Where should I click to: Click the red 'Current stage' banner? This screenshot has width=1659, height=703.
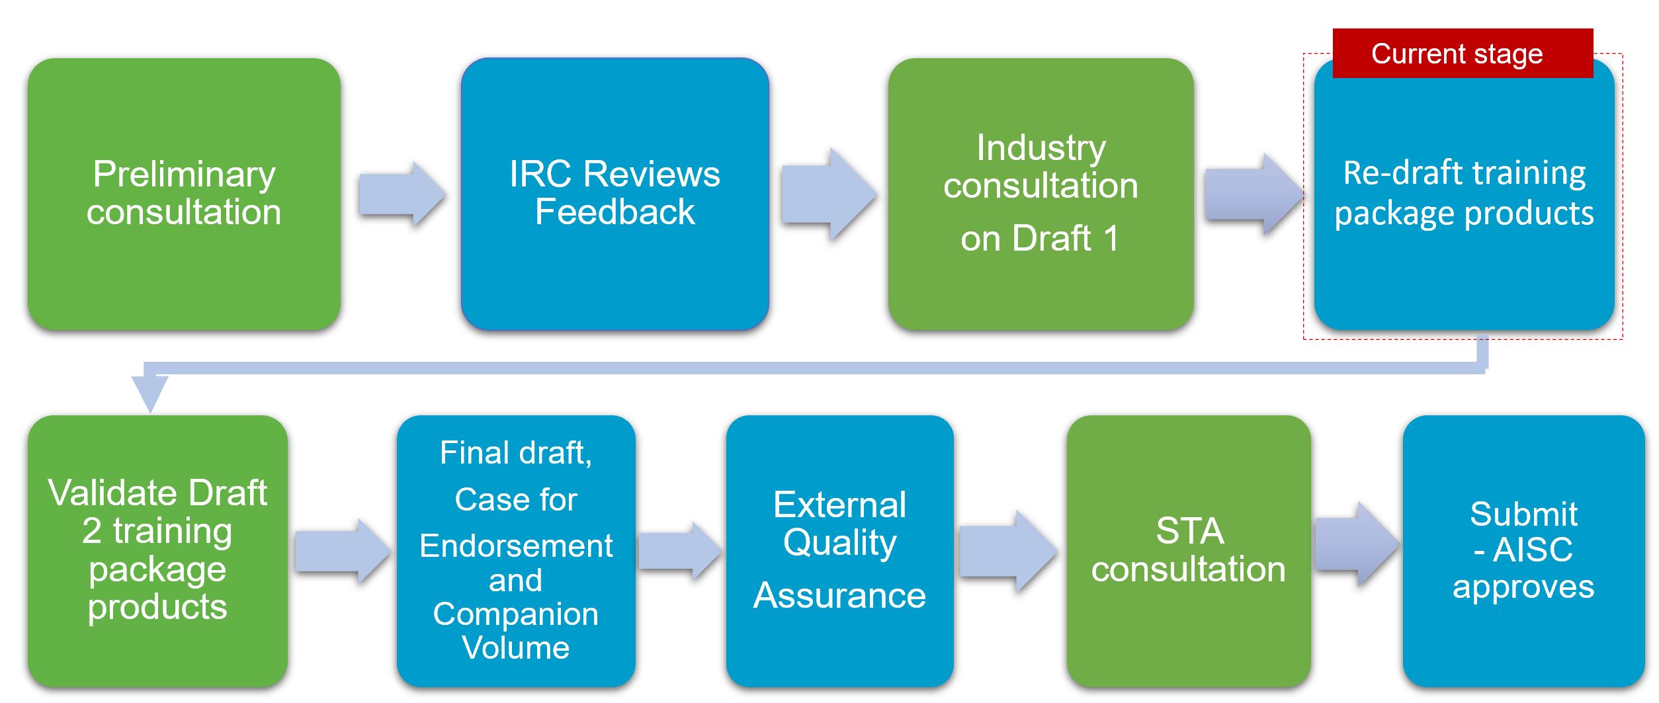[x=1463, y=54]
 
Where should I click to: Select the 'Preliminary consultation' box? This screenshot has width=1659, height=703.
[x=184, y=194]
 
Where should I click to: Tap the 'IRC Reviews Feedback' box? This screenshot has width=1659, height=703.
[x=615, y=194]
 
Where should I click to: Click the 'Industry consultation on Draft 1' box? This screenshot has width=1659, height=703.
[x=1041, y=194]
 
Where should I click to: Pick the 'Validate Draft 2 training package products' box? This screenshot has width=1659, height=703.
[x=157, y=551]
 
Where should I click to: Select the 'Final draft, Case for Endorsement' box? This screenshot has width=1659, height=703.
[x=516, y=551]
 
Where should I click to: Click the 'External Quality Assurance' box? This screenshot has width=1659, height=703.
[x=840, y=551]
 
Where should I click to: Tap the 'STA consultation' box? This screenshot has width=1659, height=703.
[x=1189, y=551]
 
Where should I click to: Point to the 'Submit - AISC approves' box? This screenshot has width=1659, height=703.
[x=1523, y=551]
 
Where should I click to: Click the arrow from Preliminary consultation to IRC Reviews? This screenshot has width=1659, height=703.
[x=402, y=194]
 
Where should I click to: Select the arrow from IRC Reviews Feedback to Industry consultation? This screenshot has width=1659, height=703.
[x=829, y=194]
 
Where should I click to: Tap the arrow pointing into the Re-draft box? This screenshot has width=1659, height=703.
[x=1254, y=194]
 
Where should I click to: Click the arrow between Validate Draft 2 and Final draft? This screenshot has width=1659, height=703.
[x=343, y=551]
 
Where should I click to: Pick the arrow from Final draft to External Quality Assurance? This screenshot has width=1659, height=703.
[x=679, y=551]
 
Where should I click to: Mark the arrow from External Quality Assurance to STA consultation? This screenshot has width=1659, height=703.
[x=1008, y=551]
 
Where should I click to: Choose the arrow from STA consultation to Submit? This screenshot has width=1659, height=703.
[x=1357, y=544]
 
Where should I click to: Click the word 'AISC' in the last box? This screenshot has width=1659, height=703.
[x=1533, y=550]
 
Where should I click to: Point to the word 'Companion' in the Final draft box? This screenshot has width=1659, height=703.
[x=516, y=614]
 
